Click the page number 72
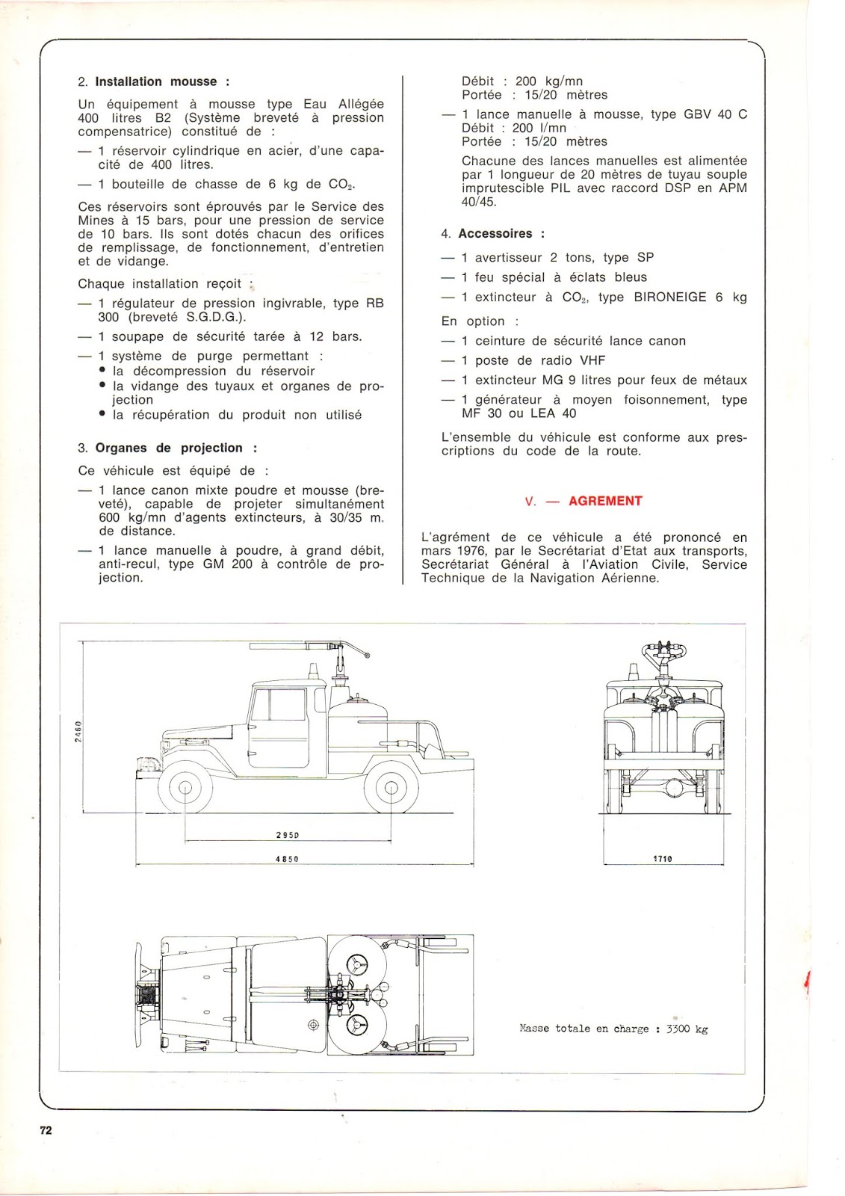(46, 1130)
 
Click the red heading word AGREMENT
(605, 501)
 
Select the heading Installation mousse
(156, 81)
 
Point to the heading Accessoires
(496, 233)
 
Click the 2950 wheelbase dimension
(287, 835)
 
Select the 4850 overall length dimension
(287, 859)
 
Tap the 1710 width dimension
(663, 859)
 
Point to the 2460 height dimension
(78, 730)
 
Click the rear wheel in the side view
(390, 786)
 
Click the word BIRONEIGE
(670, 297)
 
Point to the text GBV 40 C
(715, 114)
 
